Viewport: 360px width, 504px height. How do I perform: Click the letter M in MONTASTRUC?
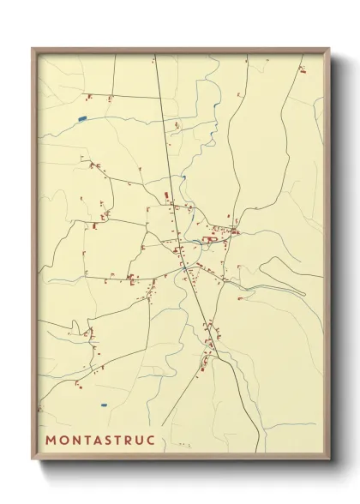pos(51,441)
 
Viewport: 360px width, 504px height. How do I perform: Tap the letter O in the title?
pos(64,441)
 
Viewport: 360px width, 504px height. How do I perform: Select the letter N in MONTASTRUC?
pos(77,441)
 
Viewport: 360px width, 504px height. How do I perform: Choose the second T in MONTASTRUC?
pos(122,441)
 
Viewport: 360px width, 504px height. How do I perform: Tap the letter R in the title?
pos(132,441)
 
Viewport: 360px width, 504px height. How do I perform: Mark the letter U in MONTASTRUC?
pos(142,441)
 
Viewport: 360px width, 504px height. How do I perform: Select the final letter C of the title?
pos(153,441)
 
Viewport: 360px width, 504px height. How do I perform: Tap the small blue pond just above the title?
pos(104,405)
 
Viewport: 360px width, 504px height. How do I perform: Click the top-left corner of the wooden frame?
pos(33,48)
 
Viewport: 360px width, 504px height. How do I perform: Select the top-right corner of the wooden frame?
pos(330,48)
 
